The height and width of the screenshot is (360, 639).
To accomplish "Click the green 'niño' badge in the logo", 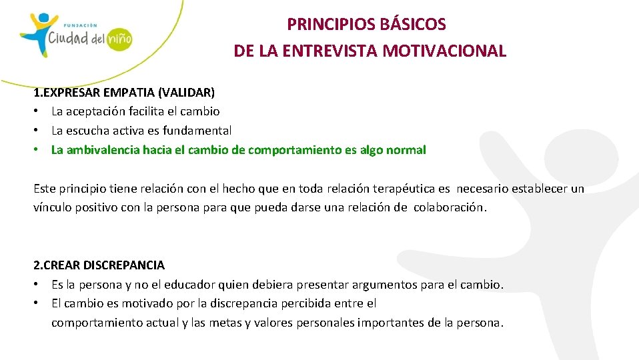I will pos(119,38).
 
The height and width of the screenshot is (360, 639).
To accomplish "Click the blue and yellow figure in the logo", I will pos(35,32).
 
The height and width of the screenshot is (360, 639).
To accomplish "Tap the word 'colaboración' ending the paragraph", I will pos(450,207).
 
